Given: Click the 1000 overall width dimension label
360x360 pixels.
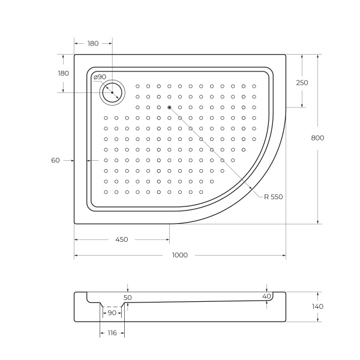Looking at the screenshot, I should [x=179, y=255].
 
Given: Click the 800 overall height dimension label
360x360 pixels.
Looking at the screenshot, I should [x=318, y=138].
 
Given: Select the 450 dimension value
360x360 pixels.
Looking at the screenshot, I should [x=121, y=239].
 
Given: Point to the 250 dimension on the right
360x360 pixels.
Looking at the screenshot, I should [x=302, y=83].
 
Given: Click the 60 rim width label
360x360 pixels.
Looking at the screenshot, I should [x=56, y=160].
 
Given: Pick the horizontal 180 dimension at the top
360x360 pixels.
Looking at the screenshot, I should [x=93, y=43].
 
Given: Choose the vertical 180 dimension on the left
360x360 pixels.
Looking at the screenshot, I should [x=63, y=73].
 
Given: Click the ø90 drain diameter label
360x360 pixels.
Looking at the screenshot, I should [x=100, y=77].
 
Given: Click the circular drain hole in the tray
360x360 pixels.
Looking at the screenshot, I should [x=112, y=92].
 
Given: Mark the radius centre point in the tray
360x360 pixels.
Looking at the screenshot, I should [x=170, y=107].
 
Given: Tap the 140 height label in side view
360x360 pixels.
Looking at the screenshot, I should [x=318, y=306].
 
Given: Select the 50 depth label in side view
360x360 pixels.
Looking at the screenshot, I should [x=127, y=297].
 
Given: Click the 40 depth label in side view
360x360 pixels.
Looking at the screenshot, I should [x=267, y=296].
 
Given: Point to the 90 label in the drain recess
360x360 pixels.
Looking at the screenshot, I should [x=112, y=313].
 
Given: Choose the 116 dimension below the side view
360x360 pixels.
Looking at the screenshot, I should [x=112, y=332].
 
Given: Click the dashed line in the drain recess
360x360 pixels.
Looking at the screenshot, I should [x=112, y=307].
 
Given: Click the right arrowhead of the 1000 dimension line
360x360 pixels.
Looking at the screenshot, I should [x=284, y=255].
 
